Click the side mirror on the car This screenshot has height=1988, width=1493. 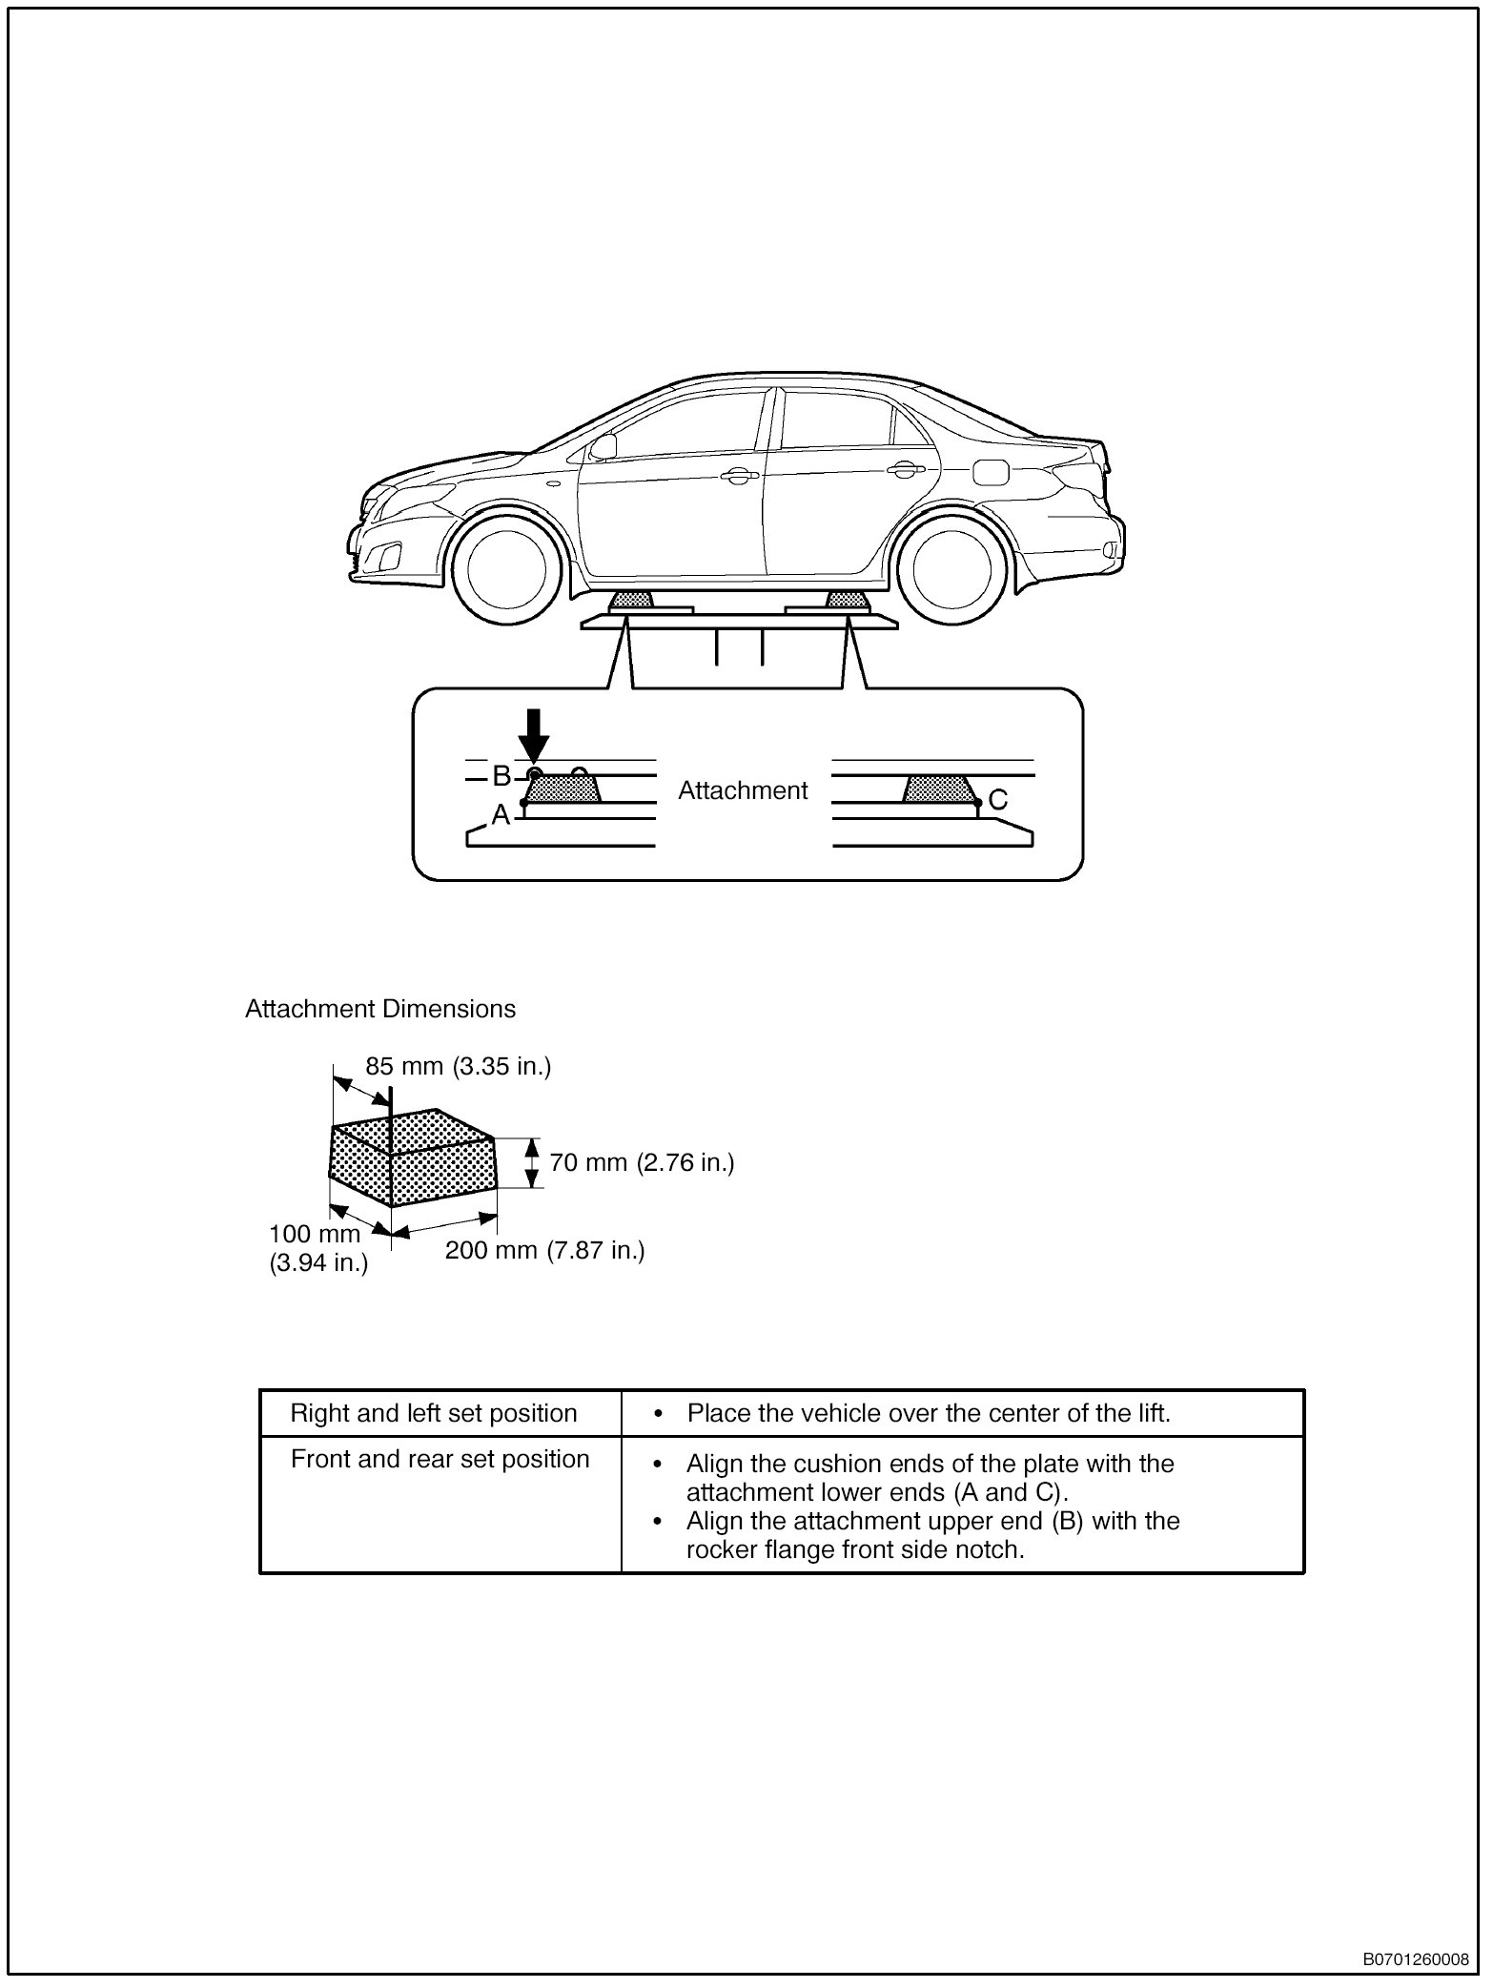point(603,444)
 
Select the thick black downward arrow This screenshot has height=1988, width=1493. point(535,734)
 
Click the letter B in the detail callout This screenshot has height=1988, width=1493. point(501,776)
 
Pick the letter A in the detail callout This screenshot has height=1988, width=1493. point(501,814)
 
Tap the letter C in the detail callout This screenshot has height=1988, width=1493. point(997,801)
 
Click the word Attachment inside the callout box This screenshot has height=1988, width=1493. point(743,790)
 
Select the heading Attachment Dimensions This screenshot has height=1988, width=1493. point(380,1009)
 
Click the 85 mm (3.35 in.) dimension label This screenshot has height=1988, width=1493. point(459,1066)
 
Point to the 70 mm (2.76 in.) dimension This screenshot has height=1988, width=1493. point(642,1162)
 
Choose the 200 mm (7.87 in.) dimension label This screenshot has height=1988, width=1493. point(544,1249)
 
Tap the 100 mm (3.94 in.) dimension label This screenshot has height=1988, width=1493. point(317,1249)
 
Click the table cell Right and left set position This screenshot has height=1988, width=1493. point(434,1413)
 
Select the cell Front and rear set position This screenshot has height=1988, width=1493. point(440,1459)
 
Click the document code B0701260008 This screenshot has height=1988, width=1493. point(1415,1959)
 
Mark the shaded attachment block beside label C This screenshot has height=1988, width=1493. point(939,789)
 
